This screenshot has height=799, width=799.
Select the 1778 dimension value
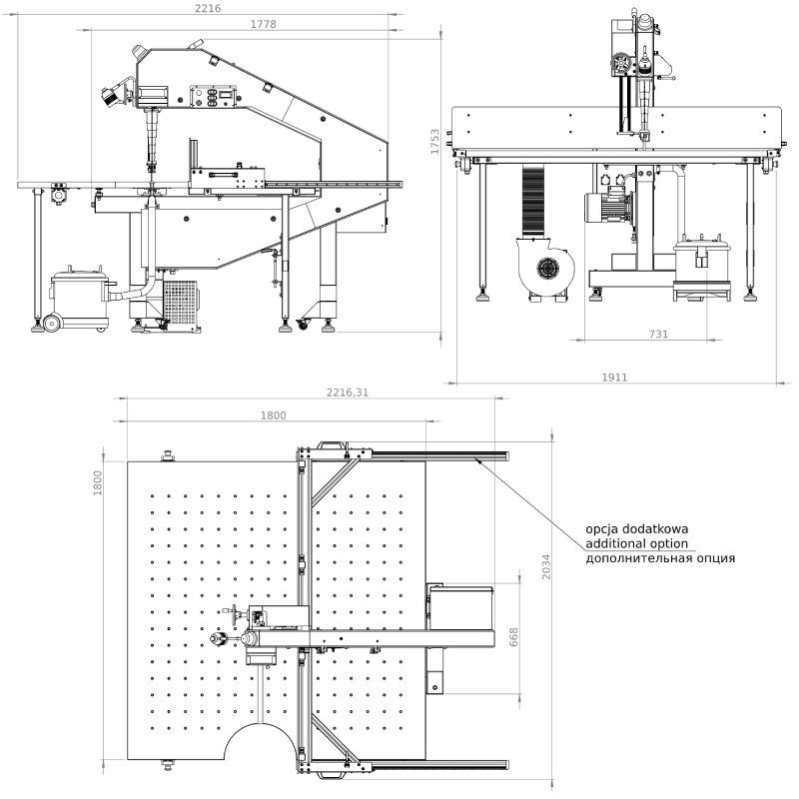click(x=263, y=23)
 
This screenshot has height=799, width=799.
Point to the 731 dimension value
click(x=658, y=335)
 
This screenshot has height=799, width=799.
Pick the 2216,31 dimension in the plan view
click(x=342, y=393)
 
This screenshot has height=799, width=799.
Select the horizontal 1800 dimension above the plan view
click(x=273, y=415)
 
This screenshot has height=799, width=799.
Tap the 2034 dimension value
click(x=545, y=568)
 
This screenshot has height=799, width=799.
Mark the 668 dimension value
click(x=514, y=637)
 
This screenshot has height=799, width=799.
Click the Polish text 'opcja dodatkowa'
click(x=637, y=528)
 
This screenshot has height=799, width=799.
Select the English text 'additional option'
click(x=637, y=543)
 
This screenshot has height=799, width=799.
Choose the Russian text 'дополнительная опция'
click(x=660, y=558)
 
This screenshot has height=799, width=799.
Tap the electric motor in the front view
click(x=608, y=209)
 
